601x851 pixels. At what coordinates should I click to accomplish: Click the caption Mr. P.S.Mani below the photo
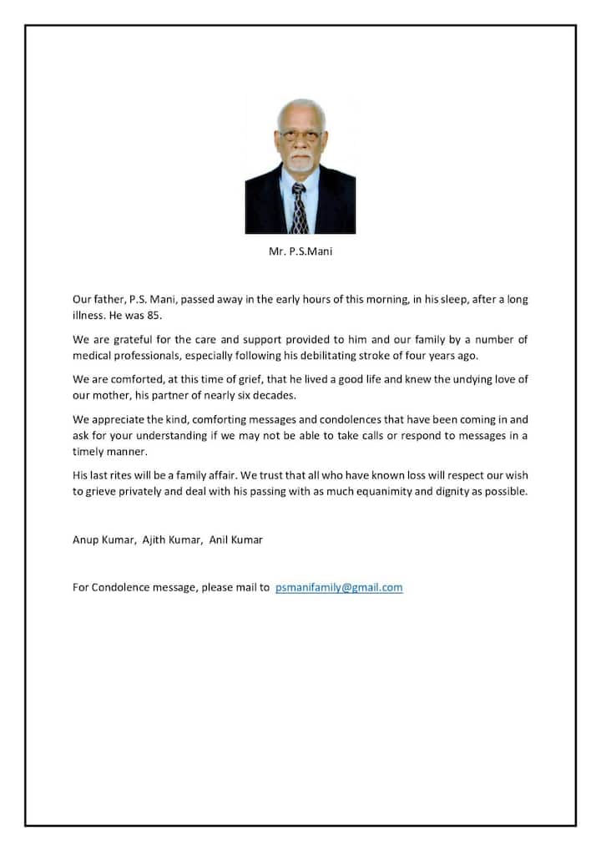click(x=300, y=251)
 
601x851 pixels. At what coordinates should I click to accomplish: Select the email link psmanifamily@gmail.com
click(x=339, y=587)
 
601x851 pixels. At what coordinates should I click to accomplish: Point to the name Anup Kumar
click(x=101, y=539)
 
